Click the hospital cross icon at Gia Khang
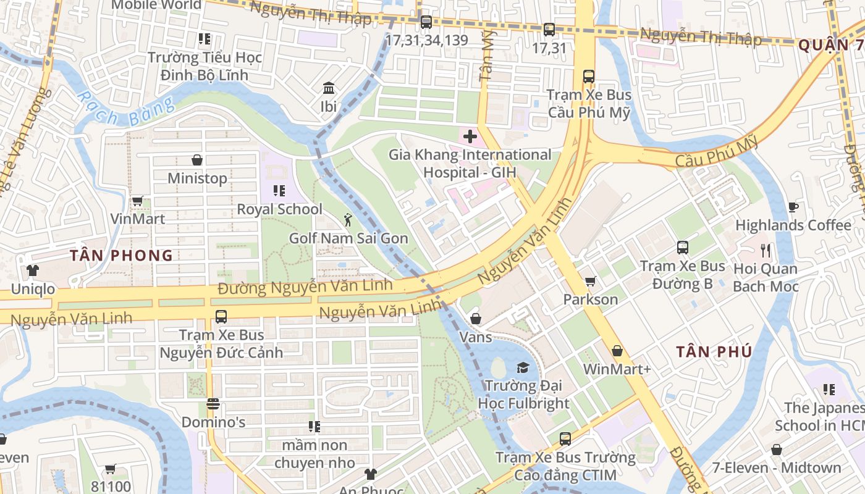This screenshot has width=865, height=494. [470, 136]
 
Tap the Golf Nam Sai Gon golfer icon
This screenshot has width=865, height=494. [348, 219]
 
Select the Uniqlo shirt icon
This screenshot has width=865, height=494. [32, 270]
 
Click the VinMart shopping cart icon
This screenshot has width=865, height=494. [137, 201]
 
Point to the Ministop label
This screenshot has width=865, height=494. [197, 178]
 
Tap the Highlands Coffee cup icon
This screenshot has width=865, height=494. [793, 207]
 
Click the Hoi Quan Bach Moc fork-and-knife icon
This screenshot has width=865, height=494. [766, 250]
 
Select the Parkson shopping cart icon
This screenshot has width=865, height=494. [590, 281]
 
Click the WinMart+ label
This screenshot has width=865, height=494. [617, 369]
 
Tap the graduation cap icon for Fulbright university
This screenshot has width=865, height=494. [523, 367]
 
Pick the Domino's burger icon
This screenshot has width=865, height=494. [213, 404]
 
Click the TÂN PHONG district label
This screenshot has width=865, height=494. [121, 256]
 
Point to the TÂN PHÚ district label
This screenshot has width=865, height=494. [714, 352]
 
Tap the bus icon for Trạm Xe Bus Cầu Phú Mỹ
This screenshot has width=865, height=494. [589, 77]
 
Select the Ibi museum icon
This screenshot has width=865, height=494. [329, 88]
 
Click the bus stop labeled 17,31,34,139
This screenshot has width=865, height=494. [426, 23]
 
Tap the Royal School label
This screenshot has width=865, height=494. [279, 209]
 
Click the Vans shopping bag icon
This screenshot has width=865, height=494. [476, 319]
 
